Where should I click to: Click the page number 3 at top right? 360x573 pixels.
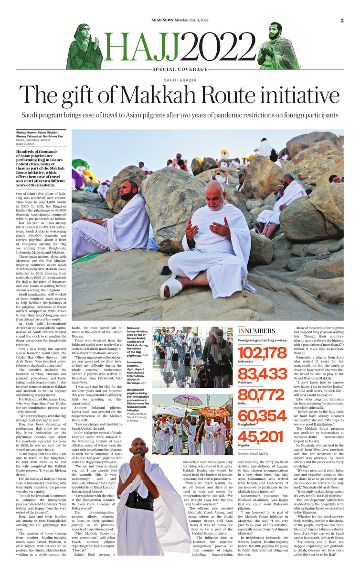tap(342, 21)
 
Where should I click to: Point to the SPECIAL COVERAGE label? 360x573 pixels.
tap(180, 70)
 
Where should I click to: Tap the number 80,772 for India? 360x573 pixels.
tap(268, 396)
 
